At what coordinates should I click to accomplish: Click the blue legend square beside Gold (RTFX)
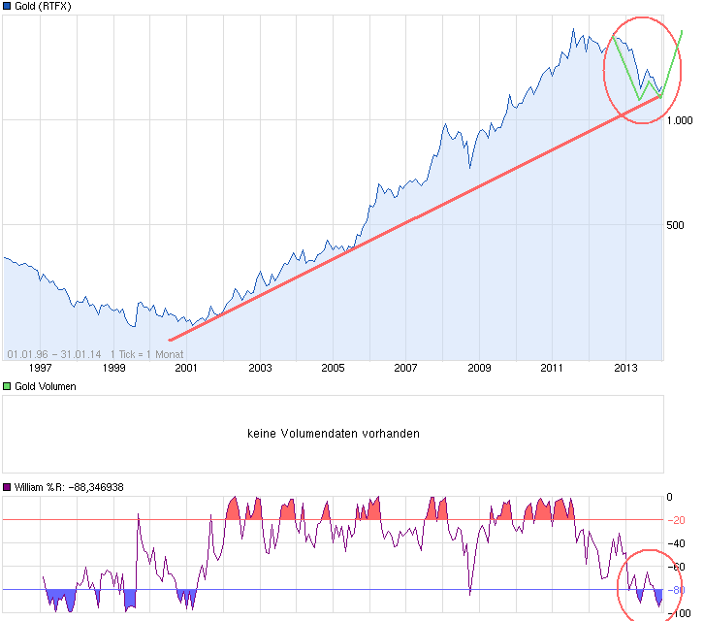coord(8,6)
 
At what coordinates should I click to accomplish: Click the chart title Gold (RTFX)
coord(43,6)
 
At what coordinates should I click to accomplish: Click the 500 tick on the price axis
coord(676,225)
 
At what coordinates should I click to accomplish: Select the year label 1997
coord(40,368)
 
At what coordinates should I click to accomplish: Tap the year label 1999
coord(113,368)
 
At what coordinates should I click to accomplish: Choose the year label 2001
coord(186,368)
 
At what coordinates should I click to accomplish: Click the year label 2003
coord(260,368)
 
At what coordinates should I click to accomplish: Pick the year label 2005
coord(333,368)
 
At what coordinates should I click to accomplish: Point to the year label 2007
coord(405,368)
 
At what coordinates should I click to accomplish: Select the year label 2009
coord(479,368)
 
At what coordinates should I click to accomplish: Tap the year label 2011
coord(552,368)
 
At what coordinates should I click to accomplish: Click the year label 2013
coord(625,368)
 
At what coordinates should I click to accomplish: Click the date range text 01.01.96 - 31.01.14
coord(54,353)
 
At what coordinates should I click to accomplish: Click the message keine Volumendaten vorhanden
coord(334,434)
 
